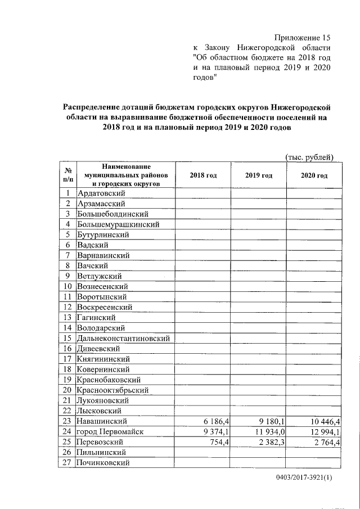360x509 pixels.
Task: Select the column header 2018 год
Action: (203, 175)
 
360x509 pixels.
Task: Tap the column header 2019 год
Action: (258, 175)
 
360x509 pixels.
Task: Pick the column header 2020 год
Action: (314, 175)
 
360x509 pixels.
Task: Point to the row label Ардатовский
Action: (101, 193)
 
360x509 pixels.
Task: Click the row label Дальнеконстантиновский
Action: (124, 338)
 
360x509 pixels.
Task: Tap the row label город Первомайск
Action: (110, 431)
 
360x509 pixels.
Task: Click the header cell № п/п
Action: (67, 175)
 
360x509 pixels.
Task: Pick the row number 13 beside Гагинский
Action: (67, 317)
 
